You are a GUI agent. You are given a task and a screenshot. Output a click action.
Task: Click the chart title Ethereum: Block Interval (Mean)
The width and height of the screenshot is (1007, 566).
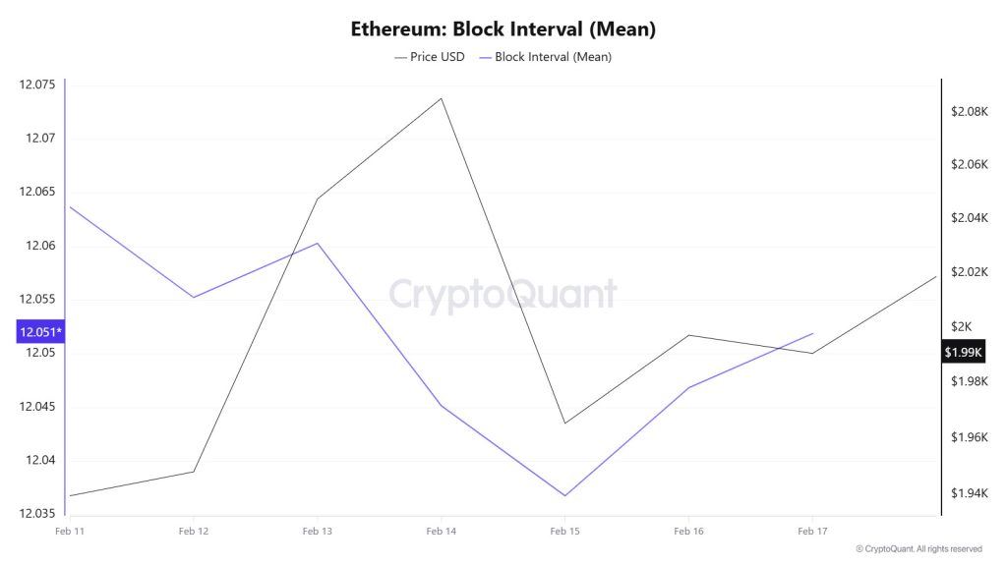point(503,28)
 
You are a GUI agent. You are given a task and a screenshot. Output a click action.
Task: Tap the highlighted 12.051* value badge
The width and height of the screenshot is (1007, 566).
point(40,332)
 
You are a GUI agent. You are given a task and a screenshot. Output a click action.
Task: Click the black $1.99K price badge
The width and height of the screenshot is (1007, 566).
point(964,352)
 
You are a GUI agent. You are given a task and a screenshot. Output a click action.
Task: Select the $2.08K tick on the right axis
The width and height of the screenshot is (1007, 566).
point(969,112)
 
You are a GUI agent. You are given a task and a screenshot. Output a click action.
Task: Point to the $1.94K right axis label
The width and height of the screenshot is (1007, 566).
point(969,493)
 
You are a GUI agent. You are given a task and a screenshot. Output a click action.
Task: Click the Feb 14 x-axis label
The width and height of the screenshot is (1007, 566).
point(441,531)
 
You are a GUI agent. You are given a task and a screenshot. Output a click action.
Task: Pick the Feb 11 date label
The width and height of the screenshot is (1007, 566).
point(68,531)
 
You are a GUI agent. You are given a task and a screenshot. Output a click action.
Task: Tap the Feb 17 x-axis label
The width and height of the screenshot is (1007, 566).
point(812,531)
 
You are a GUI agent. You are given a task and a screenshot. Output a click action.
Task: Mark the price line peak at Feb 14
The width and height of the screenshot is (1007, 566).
point(441,98)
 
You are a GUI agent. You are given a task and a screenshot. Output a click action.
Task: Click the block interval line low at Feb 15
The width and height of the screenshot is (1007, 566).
point(564,495)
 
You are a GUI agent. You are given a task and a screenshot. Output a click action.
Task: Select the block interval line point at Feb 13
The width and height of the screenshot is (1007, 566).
point(317,243)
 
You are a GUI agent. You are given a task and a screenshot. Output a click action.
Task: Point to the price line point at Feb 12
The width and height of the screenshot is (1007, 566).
point(193,472)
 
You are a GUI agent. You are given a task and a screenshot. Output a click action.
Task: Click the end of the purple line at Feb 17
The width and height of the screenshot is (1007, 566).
point(812,333)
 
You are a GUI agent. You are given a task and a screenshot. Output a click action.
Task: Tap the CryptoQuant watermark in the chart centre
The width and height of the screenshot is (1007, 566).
point(503,295)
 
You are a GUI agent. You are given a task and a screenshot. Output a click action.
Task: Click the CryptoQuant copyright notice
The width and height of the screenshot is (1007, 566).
point(918,548)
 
